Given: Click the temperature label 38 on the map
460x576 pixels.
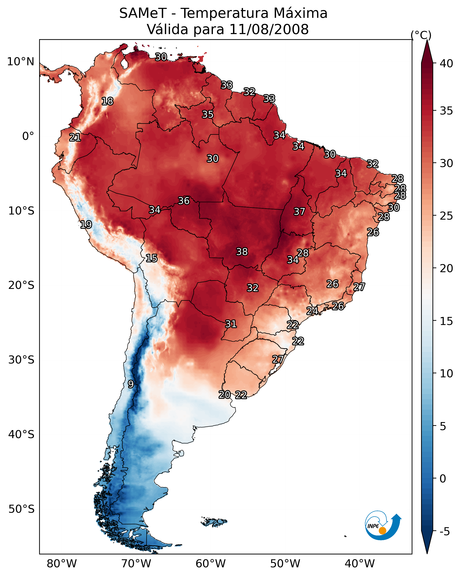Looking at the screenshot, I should point(242,252).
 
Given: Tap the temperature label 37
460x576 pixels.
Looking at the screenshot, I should point(299,212).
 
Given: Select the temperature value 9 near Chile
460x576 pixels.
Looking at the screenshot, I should point(131,384).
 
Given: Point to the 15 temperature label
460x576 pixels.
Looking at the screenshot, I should point(151,258).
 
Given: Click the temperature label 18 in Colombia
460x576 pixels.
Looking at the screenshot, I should point(107,101).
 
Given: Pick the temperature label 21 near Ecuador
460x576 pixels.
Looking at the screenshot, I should point(75,138).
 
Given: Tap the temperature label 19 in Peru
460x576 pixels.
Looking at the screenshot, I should point(86,225).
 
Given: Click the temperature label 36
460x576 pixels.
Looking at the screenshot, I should point(184,201).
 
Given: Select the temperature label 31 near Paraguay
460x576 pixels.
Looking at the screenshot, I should point(231,324).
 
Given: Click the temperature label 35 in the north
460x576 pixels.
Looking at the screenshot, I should point(208,114).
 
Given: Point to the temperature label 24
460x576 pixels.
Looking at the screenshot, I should point(312,311).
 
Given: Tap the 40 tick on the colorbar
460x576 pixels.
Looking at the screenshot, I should point(446,63).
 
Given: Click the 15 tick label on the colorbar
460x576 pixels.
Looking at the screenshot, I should point(446,321).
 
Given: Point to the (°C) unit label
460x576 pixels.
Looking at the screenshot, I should point(421,35).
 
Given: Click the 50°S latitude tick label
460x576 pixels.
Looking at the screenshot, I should point(21,509).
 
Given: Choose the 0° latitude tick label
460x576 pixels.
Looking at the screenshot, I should point(28,136).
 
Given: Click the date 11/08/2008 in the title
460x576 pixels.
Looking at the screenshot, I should point(269,29).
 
